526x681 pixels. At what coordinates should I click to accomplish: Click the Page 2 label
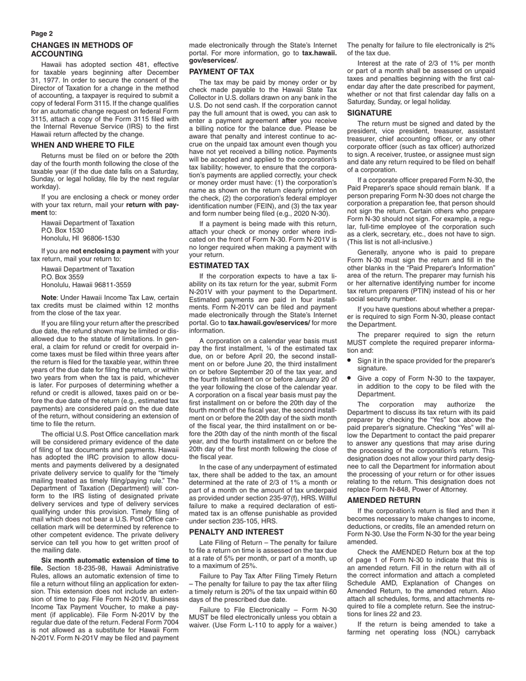tap(42, 34)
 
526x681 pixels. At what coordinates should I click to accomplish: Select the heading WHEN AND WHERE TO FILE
tap(82, 145)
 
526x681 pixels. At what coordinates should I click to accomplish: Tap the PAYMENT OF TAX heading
tap(221, 71)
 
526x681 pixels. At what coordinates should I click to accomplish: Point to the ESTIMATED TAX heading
tap(219, 265)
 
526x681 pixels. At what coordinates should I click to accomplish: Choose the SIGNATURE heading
tap(369, 113)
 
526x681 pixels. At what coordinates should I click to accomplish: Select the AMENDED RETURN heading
tap(384, 500)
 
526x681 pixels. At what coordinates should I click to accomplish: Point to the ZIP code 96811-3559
tap(114, 285)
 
